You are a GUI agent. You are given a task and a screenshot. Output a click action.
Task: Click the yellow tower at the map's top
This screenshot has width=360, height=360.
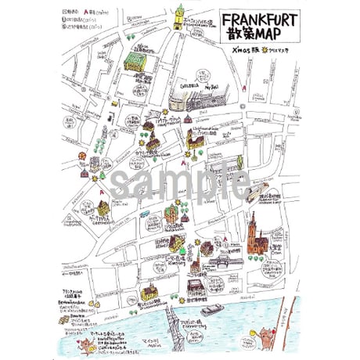click(x=178, y=16)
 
